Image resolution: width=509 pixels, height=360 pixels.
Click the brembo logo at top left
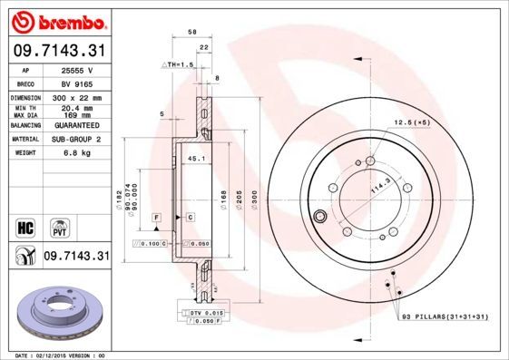[56, 19]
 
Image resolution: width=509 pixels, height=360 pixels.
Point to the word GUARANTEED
[77, 124]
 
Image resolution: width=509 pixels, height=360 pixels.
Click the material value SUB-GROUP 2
[77, 139]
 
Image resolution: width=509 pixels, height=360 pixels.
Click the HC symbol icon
[24, 226]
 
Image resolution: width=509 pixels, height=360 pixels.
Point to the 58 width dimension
[192, 32]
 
